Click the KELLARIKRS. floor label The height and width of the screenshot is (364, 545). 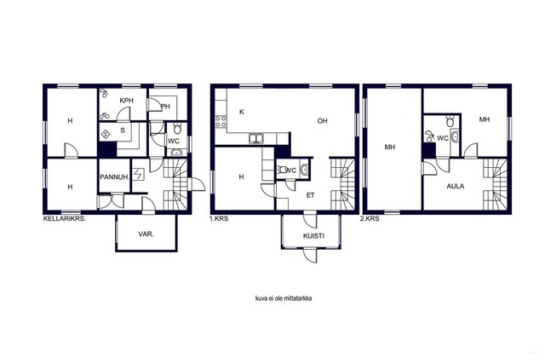click(65, 219)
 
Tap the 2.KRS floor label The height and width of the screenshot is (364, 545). click(370, 219)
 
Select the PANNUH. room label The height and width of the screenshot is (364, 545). click(115, 177)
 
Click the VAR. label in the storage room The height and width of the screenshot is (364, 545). click(146, 234)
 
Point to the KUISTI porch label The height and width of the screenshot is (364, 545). click(313, 236)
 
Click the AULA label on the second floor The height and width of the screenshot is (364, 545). click(456, 186)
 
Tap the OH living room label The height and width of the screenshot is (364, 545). click(322, 121)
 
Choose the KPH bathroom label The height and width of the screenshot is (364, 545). click(127, 101)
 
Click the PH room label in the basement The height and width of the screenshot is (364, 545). click(166, 107)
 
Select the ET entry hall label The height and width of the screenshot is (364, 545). click(310, 195)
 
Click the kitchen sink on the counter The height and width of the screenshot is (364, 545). click(256, 138)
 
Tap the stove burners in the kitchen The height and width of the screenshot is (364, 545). click(221, 121)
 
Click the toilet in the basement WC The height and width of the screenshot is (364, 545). click(177, 129)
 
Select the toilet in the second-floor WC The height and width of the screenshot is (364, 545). click(450, 121)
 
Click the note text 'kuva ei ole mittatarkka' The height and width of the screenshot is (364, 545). click(284, 298)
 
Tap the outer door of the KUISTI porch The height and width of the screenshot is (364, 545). click(310, 255)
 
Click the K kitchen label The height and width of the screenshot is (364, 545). click(242, 112)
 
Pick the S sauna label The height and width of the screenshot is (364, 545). click(123, 130)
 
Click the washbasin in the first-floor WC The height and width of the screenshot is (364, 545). click(305, 170)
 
